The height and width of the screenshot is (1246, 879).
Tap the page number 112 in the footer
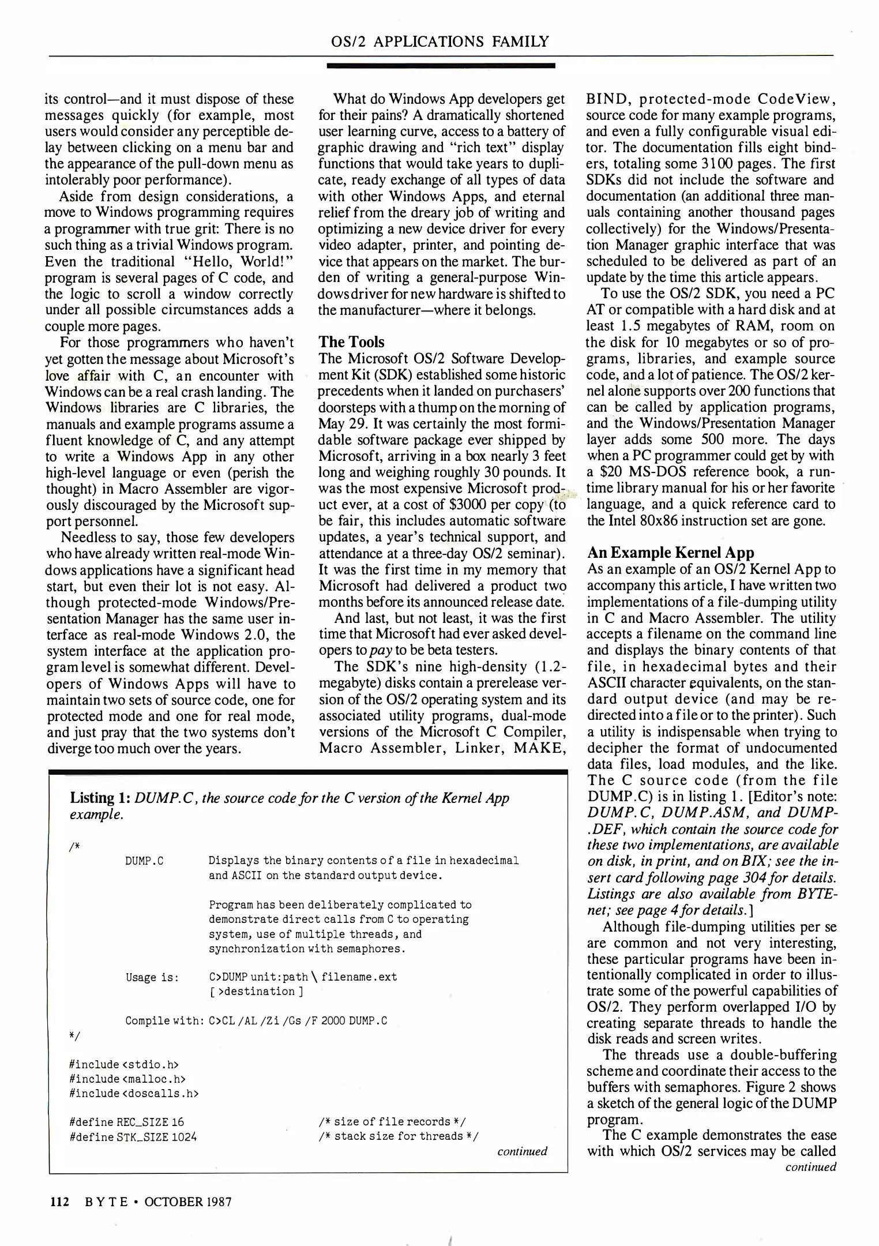click(59, 1202)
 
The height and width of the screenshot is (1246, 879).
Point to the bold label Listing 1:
click(100, 798)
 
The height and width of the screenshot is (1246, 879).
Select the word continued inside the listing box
click(521, 1151)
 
